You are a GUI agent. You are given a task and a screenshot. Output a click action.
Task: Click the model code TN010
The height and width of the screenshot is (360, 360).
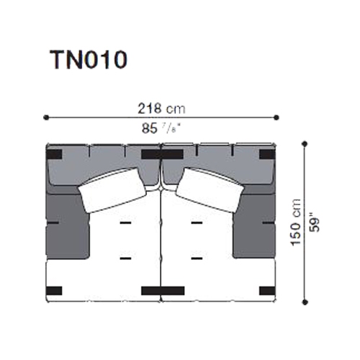(x=88, y=60)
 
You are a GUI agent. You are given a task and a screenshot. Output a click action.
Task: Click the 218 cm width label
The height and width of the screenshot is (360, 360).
(x=161, y=109)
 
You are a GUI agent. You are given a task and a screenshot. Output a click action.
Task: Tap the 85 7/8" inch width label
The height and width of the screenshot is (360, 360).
(x=161, y=129)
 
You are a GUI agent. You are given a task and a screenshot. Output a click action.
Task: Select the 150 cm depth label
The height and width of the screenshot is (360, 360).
(x=296, y=222)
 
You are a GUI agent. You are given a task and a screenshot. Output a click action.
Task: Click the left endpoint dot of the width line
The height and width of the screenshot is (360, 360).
(x=46, y=117)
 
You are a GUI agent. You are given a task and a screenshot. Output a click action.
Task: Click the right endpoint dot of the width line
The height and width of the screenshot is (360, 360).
(x=276, y=117)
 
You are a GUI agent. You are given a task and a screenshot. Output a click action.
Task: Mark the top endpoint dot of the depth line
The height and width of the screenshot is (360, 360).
(x=305, y=144)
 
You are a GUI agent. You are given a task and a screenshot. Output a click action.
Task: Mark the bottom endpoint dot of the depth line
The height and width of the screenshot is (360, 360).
(x=305, y=302)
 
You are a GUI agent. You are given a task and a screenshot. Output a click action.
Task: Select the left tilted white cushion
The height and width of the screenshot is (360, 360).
(x=112, y=190)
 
